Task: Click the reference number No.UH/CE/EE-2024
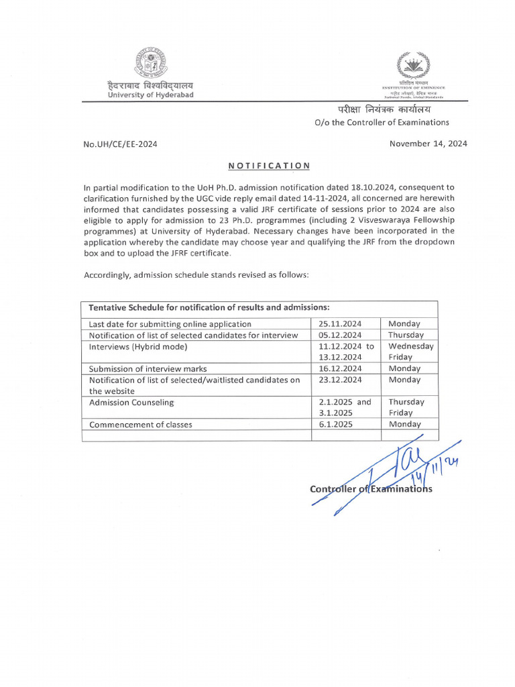pos(121,144)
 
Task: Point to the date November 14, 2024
pos(428,144)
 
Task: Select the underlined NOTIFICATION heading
pos(269,166)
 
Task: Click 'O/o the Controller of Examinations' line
pos(372,122)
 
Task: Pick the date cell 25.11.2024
pos(341,323)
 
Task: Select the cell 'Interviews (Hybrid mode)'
pos(138,346)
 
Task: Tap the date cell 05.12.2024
pos(341,335)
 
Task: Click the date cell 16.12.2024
pos(341,368)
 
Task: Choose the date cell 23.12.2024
pos(341,380)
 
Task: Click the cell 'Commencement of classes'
pos(141,424)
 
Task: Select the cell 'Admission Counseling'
pos(131,402)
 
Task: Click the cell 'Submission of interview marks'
pos(148,368)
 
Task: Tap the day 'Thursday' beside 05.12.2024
pos(406,335)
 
